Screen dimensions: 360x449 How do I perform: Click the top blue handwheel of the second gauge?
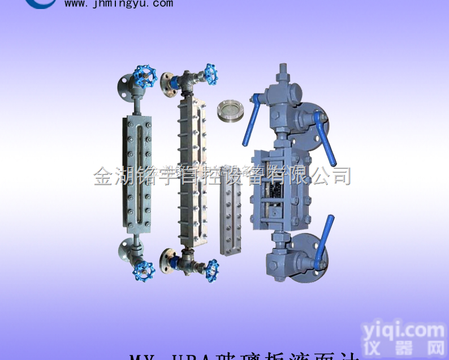point(211,74)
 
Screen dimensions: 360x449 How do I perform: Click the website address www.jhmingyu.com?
point(119,3)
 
